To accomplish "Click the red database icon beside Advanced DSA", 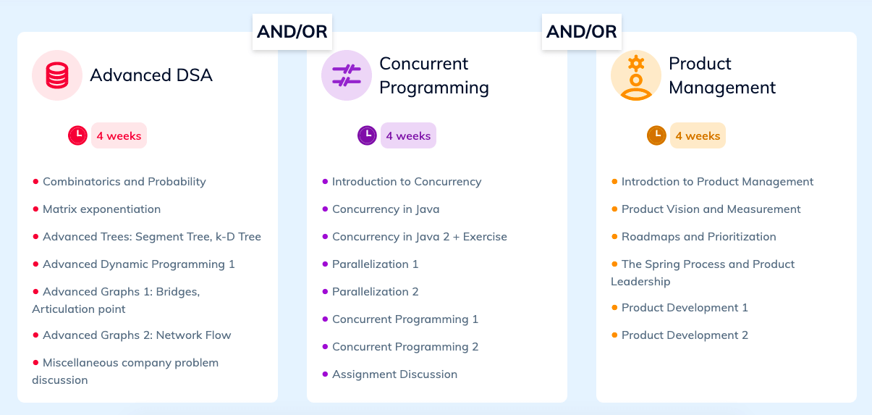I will tap(56, 75).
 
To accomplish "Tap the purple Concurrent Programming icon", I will tap(346, 75).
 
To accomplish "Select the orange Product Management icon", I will tap(635, 75).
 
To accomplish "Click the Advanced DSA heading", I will tap(151, 75).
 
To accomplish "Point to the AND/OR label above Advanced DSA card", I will tap(292, 32).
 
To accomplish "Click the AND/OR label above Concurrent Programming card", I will tap(582, 32).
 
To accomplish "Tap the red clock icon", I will tap(77, 135).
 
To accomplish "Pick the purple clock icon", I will tap(367, 135).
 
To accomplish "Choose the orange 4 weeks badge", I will tap(698, 135).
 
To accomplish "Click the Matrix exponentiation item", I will tap(101, 209).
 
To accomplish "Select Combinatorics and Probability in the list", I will tap(124, 182).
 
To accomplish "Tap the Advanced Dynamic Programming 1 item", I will tap(138, 264).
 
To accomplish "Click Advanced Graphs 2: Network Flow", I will tap(137, 335).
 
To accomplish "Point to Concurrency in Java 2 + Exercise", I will tap(419, 237).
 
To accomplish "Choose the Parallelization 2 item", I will tap(375, 292).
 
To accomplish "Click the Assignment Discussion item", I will tap(394, 374).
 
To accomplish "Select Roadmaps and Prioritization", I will tap(698, 237).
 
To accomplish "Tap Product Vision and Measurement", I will tap(711, 209).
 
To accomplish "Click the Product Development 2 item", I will tap(685, 335).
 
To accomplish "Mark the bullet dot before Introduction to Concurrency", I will tap(325, 181).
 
